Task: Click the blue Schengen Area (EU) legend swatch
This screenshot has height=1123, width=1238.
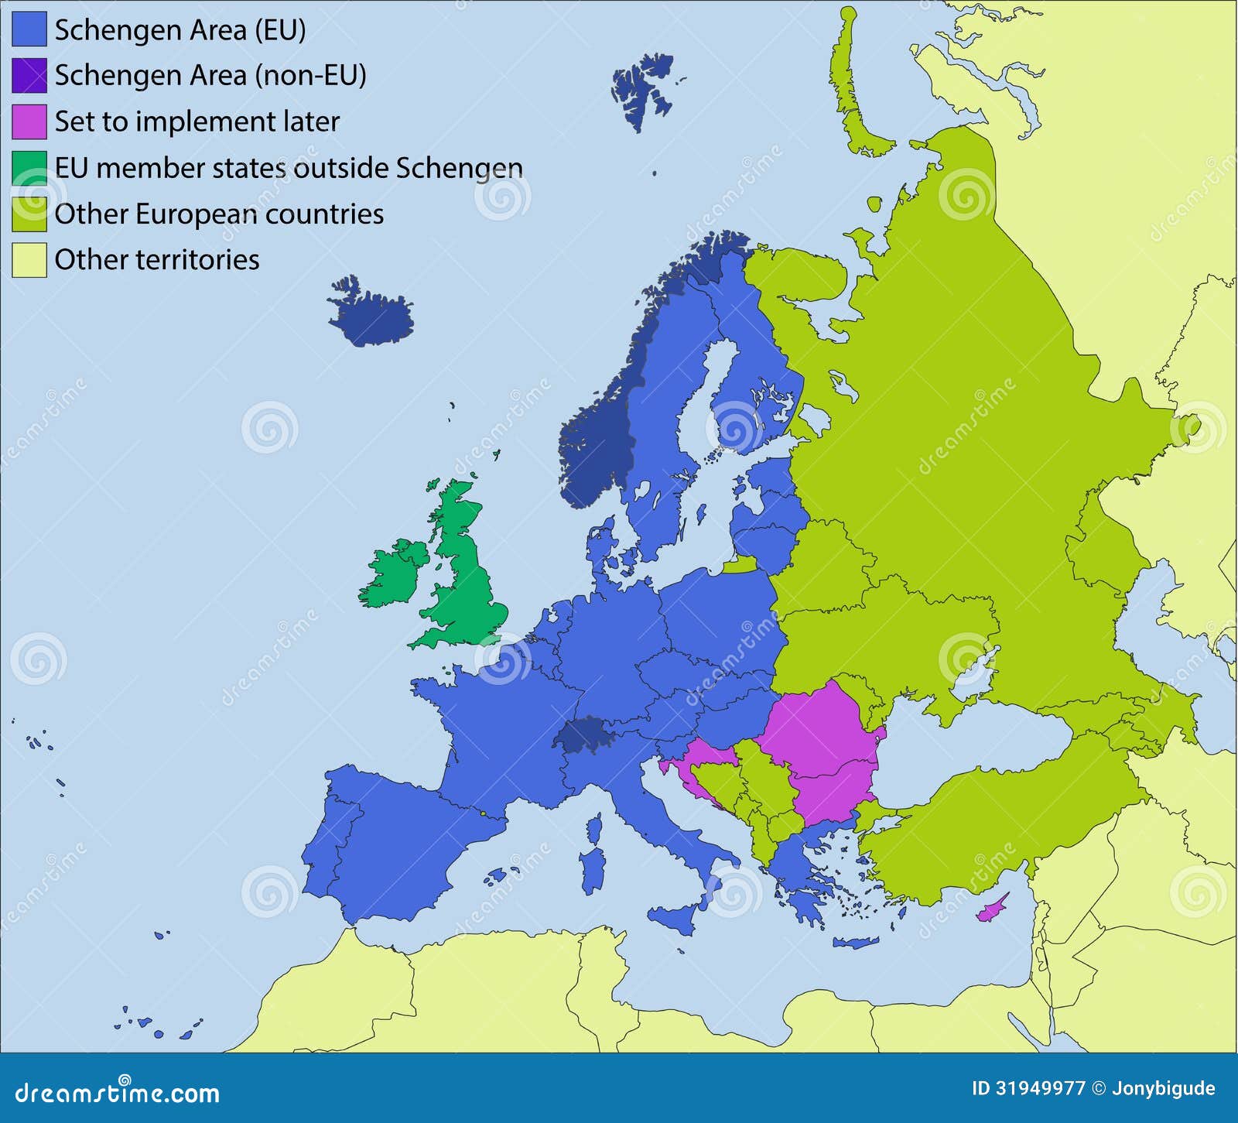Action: pos(29,30)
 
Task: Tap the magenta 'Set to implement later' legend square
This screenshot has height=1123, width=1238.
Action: pos(29,122)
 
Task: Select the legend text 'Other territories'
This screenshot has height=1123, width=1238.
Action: pos(157,259)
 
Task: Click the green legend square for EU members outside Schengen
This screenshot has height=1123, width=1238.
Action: pos(29,168)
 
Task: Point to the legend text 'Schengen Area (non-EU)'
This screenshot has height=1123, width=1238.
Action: pos(210,75)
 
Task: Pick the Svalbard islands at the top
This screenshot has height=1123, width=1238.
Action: pos(644,85)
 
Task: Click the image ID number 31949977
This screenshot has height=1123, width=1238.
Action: pos(1039,1089)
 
